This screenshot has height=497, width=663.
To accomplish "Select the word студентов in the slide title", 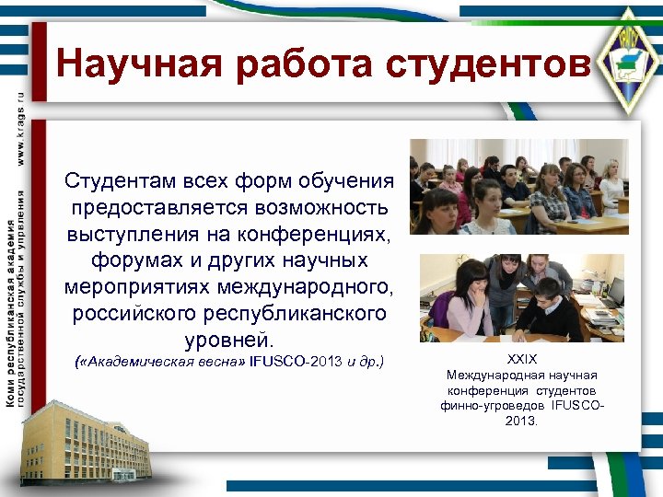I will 487,64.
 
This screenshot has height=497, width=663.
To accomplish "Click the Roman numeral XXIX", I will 521,360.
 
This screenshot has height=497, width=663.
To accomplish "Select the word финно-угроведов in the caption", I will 494,405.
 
